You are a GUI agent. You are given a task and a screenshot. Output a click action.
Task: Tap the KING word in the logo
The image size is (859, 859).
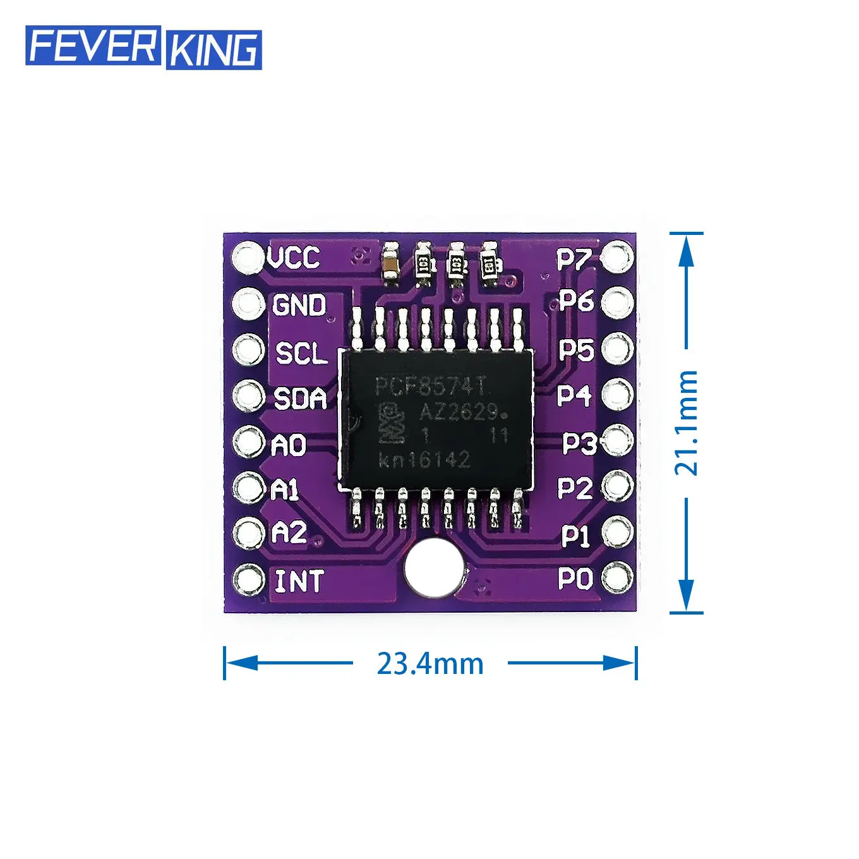coord(213,49)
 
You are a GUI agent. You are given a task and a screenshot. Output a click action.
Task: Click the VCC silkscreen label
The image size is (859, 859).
coord(294,257)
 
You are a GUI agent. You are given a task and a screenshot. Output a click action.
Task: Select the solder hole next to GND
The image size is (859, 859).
coord(248,304)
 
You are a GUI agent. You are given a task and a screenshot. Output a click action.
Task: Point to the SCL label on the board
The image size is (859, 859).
coord(302,352)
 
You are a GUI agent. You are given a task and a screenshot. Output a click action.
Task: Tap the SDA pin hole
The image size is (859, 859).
coord(248,396)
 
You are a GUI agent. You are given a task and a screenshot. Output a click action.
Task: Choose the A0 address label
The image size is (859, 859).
coord(289,445)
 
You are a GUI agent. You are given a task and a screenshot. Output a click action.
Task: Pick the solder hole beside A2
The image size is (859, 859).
coord(248,532)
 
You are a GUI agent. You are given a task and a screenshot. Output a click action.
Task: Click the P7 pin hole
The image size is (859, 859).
coord(617,257)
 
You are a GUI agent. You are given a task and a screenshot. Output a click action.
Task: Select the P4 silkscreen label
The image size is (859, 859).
coord(574,396)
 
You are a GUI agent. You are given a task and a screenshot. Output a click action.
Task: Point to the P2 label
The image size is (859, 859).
coord(575,488)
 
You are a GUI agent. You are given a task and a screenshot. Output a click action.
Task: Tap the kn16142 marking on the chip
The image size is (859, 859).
coord(424,459)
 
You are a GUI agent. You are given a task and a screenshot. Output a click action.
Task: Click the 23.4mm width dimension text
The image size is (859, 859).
coord(430,663)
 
